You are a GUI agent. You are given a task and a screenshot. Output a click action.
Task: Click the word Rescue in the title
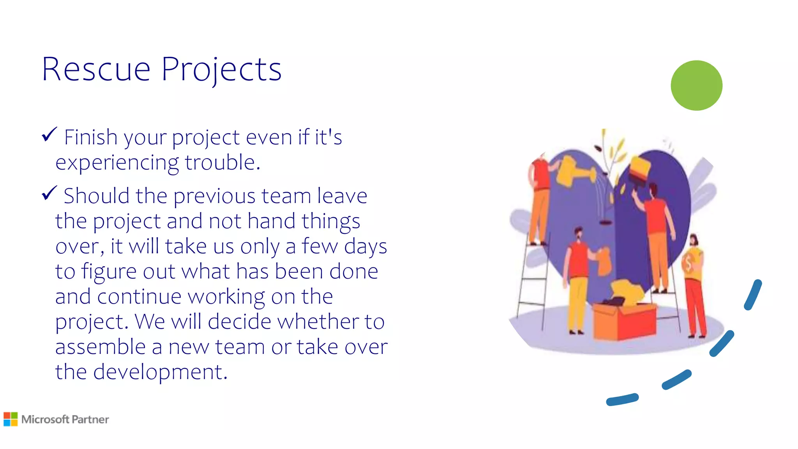pos(96,69)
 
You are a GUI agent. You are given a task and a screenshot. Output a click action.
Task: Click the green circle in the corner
pos(696,85)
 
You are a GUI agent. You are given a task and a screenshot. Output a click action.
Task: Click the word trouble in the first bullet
pos(222,162)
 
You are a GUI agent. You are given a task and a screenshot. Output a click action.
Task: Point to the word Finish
pos(90,137)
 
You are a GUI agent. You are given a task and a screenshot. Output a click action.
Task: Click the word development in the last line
pos(160,372)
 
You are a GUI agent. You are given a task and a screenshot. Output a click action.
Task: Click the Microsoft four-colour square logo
pos(11,419)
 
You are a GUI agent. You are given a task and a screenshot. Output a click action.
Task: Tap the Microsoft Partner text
pos(65,419)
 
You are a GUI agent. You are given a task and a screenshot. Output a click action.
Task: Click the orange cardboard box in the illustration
pos(623,322)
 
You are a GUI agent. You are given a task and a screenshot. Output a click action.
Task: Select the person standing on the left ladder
pos(540,199)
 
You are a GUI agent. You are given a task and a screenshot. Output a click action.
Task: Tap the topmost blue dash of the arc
pos(753,295)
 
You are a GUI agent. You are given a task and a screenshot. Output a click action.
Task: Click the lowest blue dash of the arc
pos(622,400)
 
